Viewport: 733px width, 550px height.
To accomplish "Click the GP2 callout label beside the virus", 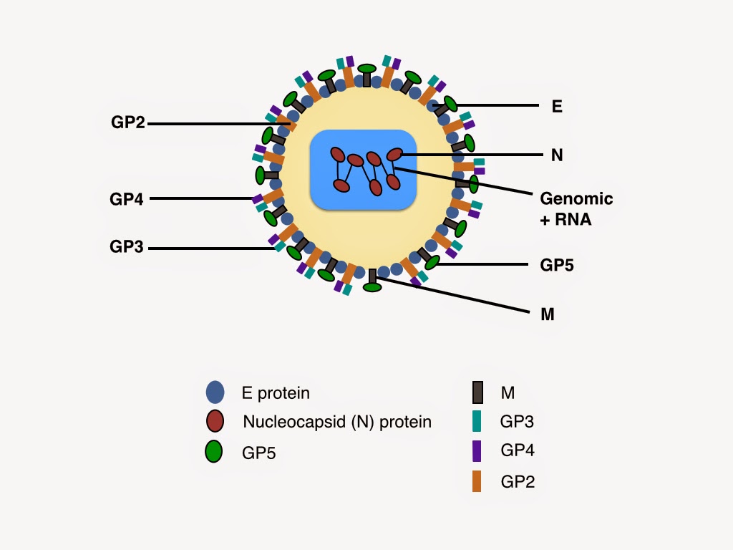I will click(x=128, y=123).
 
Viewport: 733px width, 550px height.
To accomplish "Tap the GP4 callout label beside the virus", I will click(x=127, y=199).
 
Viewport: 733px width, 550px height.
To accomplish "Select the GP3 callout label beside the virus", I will click(x=127, y=247).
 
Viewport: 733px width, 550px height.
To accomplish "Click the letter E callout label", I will click(x=557, y=107).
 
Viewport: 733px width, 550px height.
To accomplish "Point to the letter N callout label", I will click(x=557, y=155).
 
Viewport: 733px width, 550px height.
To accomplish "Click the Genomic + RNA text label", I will click(x=576, y=209).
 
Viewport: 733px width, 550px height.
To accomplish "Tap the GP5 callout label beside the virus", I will click(x=556, y=265).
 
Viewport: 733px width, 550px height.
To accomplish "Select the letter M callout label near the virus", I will click(x=548, y=314).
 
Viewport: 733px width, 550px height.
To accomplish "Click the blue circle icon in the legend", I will click(x=215, y=392).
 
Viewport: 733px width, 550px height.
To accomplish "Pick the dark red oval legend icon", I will click(x=215, y=421).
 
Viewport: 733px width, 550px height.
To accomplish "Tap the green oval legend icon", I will click(x=215, y=451).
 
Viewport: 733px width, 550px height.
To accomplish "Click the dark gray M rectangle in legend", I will click(x=477, y=392).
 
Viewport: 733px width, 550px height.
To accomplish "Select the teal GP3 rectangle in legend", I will click(x=477, y=421).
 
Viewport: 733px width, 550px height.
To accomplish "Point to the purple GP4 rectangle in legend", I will click(x=477, y=450).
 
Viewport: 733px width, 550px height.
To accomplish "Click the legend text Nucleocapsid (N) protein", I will click(x=337, y=422).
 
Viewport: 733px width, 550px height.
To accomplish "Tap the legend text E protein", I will click(x=275, y=393).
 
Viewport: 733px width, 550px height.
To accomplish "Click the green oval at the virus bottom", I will click(x=372, y=287).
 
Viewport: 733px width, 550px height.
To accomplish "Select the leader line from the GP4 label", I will click(x=200, y=198).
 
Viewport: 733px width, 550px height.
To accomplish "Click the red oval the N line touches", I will click(x=395, y=154).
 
